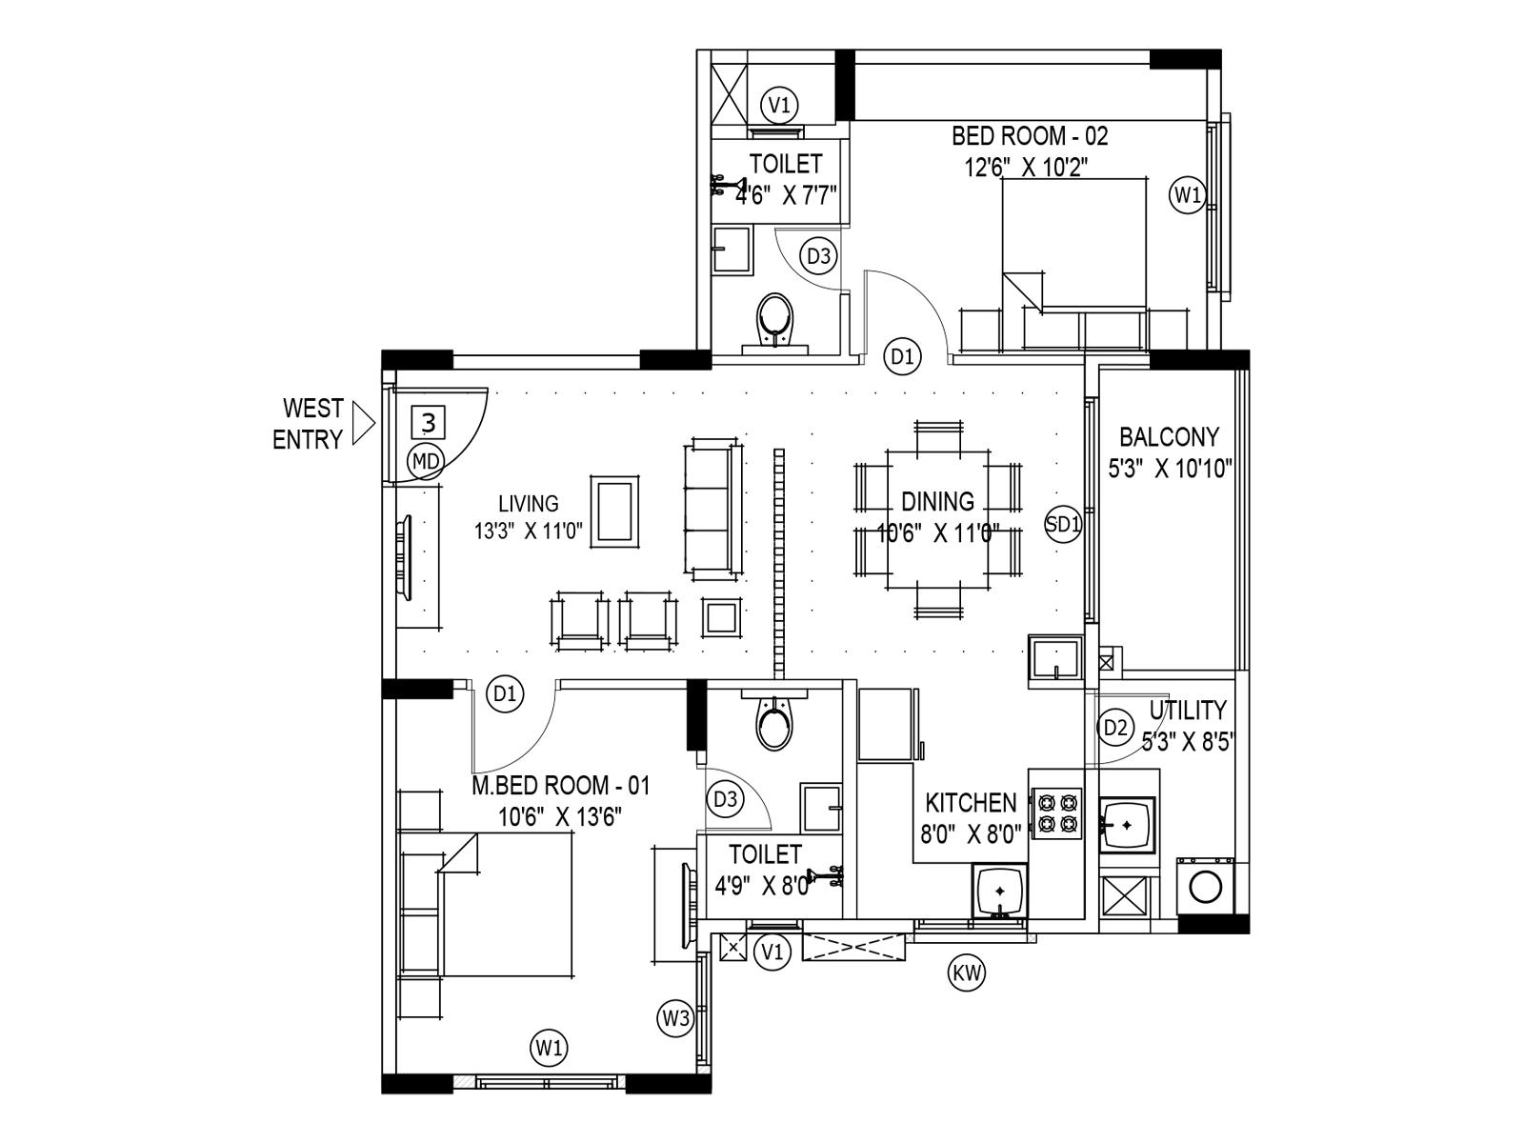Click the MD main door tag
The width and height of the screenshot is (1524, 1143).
click(x=426, y=462)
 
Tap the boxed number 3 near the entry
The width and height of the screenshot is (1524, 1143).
click(x=430, y=421)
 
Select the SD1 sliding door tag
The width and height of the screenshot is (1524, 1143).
click(x=1064, y=524)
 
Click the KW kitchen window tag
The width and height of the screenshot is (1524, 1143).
click(x=967, y=973)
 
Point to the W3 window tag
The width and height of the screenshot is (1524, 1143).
click(x=675, y=1018)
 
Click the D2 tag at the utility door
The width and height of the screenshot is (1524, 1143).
click(x=1115, y=729)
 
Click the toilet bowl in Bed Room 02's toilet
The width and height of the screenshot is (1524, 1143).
click(x=773, y=321)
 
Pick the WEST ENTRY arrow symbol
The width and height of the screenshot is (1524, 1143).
click(x=363, y=424)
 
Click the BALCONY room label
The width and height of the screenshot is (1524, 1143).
click(x=1169, y=437)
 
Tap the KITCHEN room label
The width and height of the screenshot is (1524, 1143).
click(x=971, y=802)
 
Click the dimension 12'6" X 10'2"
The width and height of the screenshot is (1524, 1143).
click(x=1026, y=168)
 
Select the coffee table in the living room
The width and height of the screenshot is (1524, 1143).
click(x=614, y=511)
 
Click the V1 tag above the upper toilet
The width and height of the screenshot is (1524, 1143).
click(x=781, y=104)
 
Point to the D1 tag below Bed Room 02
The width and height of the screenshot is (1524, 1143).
click(x=902, y=357)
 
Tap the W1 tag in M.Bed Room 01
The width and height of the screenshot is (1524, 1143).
click(x=549, y=1050)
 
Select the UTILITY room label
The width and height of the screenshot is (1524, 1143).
click(x=1187, y=711)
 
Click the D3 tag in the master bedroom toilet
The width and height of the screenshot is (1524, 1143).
click(x=726, y=799)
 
